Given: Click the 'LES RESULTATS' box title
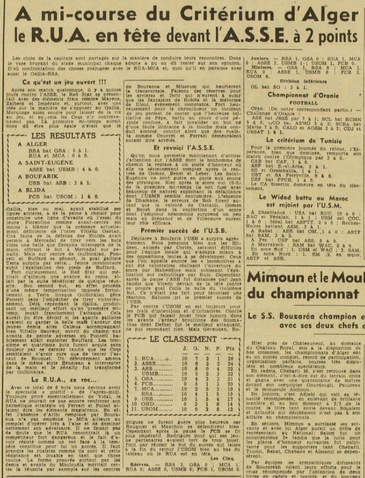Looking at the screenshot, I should [65, 137].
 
